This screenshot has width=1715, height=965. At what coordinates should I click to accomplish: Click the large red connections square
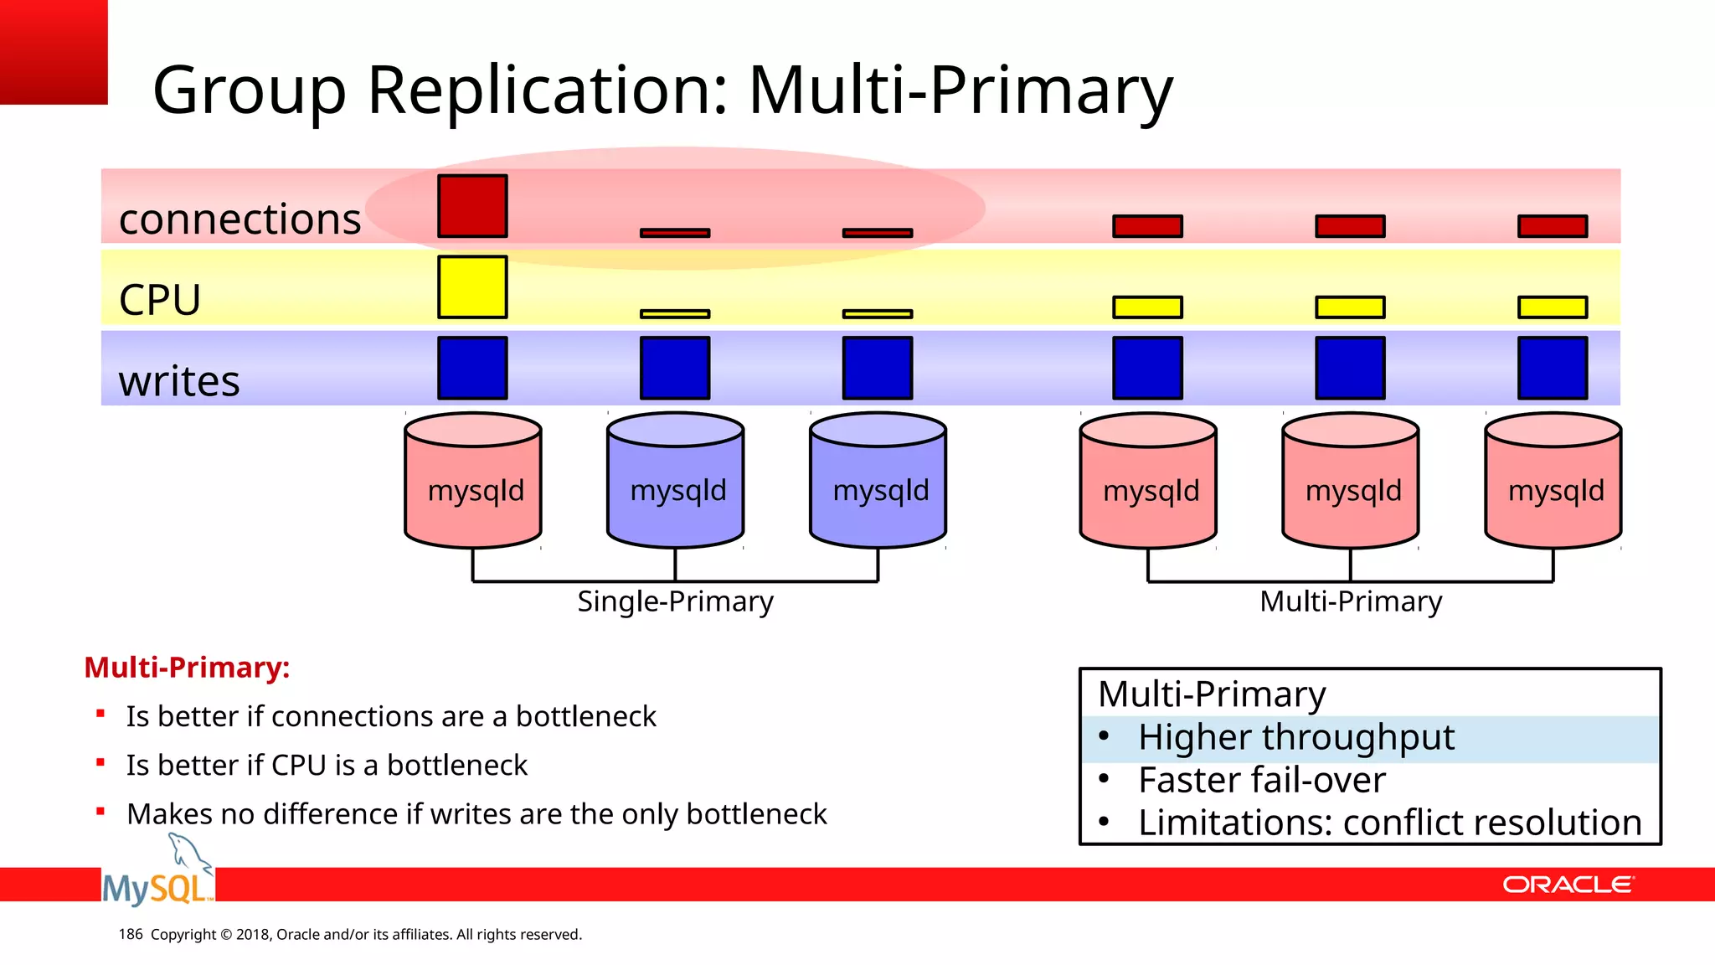[x=472, y=206]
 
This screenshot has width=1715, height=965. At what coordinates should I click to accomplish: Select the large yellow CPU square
[x=472, y=287]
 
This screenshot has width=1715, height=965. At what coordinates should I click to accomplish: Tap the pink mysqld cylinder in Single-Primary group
[x=473, y=482]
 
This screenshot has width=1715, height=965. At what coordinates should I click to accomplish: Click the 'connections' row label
[x=239, y=219]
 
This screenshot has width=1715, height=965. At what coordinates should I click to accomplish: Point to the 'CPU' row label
[x=160, y=300]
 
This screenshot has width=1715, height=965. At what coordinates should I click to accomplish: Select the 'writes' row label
[x=179, y=381]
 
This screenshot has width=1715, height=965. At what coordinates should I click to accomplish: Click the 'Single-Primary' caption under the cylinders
[x=675, y=601]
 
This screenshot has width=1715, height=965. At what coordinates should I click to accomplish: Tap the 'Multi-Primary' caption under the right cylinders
[x=1351, y=601]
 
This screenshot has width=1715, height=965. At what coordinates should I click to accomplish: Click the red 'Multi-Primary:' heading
[x=187, y=668]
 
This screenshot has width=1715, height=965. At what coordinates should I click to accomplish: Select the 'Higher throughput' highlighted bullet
[x=1295, y=738]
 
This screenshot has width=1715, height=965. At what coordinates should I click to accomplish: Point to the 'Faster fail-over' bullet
[x=1261, y=781]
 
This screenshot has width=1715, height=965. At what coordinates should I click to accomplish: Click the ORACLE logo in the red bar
[x=1568, y=885]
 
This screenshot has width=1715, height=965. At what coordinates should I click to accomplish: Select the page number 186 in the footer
[x=131, y=935]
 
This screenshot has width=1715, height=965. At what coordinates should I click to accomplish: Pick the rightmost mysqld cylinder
[x=1553, y=482]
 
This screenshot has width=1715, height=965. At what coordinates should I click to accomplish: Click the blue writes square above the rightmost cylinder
[x=1553, y=368]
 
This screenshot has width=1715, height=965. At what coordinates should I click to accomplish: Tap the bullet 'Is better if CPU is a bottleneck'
[x=327, y=766]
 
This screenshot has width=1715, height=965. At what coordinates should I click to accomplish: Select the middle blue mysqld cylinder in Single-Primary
[x=676, y=482]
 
